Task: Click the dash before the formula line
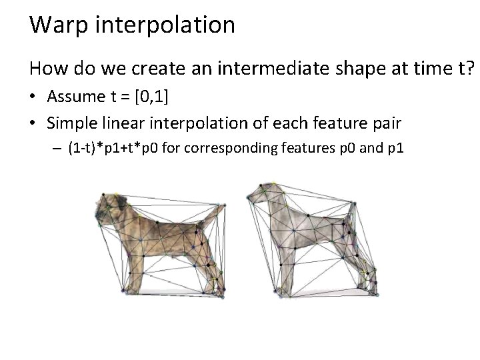point(57,148)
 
